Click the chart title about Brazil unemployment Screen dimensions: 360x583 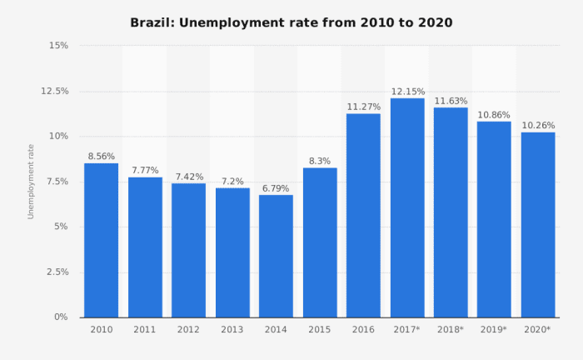click(x=291, y=22)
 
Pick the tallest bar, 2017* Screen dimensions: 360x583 click(x=407, y=207)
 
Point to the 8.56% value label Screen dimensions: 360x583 click(x=101, y=156)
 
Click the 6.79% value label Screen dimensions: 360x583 click(x=276, y=188)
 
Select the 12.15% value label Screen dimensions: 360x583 click(x=407, y=91)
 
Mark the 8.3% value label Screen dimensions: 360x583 click(x=320, y=161)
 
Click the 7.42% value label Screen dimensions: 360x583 click(x=188, y=177)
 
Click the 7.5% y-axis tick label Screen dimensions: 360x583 click(x=55, y=181)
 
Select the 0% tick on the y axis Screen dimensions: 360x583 click(x=61, y=317)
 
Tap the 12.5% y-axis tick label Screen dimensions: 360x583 click(x=52, y=90)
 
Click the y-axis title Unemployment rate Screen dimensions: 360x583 click(x=31, y=181)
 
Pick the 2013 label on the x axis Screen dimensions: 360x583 click(x=232, y=330)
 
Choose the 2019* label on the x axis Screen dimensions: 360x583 click(x=494, y=330)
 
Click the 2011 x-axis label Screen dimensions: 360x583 click(x=145, y=330)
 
